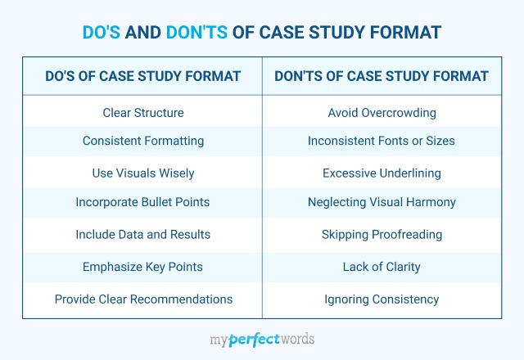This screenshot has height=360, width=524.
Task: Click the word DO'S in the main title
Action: (102, 33)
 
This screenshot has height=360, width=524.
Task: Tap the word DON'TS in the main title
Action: (196, 33)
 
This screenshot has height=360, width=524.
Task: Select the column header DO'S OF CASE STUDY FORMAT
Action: (143, 76)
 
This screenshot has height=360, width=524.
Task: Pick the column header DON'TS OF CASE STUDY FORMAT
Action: (382, 76)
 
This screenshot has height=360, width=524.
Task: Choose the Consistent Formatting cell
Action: (143, 141)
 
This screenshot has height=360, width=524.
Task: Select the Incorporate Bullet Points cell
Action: (142, 202)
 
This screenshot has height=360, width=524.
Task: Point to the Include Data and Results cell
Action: (143, 235)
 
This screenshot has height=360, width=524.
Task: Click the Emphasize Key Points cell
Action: (142, 268)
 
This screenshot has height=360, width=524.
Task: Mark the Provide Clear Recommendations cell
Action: (144, 299)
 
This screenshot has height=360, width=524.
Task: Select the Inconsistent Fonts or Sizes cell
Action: (382, 141)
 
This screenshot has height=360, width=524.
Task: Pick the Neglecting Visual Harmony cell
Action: (382, 202)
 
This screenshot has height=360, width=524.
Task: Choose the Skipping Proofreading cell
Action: (382, 235)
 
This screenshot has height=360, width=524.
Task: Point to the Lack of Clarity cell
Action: (382, 268)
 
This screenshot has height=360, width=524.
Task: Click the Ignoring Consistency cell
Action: (382, 299)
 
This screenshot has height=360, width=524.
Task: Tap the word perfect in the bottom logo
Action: (255, 340)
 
